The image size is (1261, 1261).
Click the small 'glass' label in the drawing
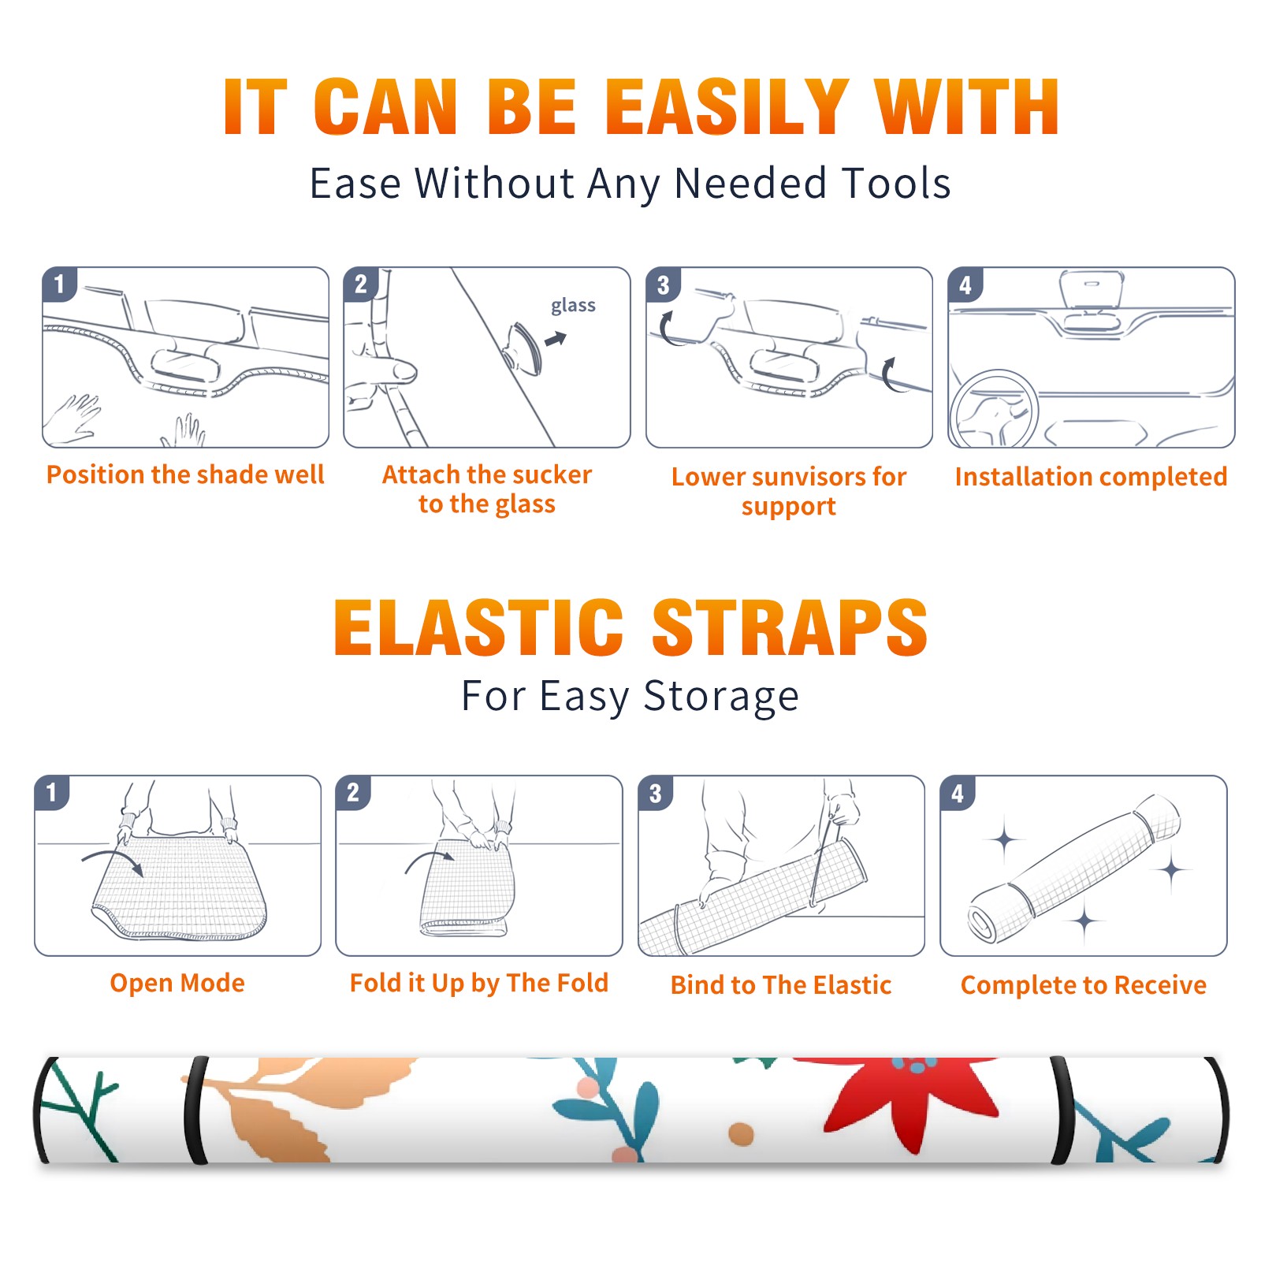point(573,306)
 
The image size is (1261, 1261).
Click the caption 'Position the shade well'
point(185,474)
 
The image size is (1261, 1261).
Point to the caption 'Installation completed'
point(1091,476)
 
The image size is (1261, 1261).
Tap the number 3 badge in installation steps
point(663,285)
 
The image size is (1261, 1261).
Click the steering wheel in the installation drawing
point(994,410)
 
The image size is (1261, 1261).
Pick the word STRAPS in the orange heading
point(790,627)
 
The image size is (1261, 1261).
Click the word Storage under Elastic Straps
point(721,697)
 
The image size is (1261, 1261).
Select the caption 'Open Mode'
point(177,983)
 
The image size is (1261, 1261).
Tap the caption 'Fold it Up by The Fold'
point(479,984)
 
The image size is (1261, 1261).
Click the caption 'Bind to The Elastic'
point(781,985)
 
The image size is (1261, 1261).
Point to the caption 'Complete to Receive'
point(1084,985)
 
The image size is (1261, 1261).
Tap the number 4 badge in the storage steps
point(957,793)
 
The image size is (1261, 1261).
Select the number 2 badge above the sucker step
point(361,284)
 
